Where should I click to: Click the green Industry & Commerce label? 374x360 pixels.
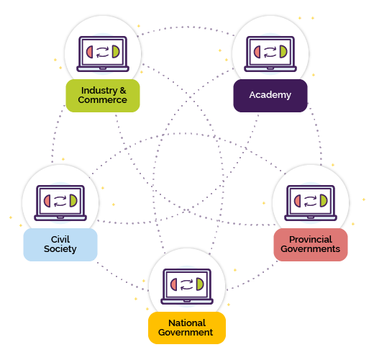coord(103,96)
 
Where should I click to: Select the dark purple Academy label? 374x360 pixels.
coord(270,96)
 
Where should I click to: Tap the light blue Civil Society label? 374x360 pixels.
coord(60,245)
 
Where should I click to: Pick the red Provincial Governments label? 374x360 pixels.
coord(311,245)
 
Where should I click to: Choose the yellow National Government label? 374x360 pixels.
coord(187,328)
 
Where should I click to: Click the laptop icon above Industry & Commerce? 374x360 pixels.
coord(103,54)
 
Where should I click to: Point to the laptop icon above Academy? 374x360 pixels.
coord(270,54)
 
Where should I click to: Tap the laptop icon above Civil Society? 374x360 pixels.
coord(60,203)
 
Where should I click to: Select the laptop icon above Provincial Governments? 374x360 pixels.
coord(311,203)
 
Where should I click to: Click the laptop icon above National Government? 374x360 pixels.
coord(187,287)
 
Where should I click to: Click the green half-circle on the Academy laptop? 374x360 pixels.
coord(283,52)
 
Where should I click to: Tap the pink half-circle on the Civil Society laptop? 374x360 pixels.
coord(47,201)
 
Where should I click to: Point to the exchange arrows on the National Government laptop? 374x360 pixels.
coord(186,284)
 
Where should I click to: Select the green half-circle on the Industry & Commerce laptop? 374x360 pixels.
coord(116,52)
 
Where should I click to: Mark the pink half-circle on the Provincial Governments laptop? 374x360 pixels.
coord(298,201)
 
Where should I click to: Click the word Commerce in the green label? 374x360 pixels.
coord(103,100)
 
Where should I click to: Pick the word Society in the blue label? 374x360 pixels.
coord(60,249)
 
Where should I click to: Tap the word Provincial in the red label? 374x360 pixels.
coord(311,240)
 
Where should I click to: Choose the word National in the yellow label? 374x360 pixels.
coord(187,323)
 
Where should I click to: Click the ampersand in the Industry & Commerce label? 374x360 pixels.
coord(123,91)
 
